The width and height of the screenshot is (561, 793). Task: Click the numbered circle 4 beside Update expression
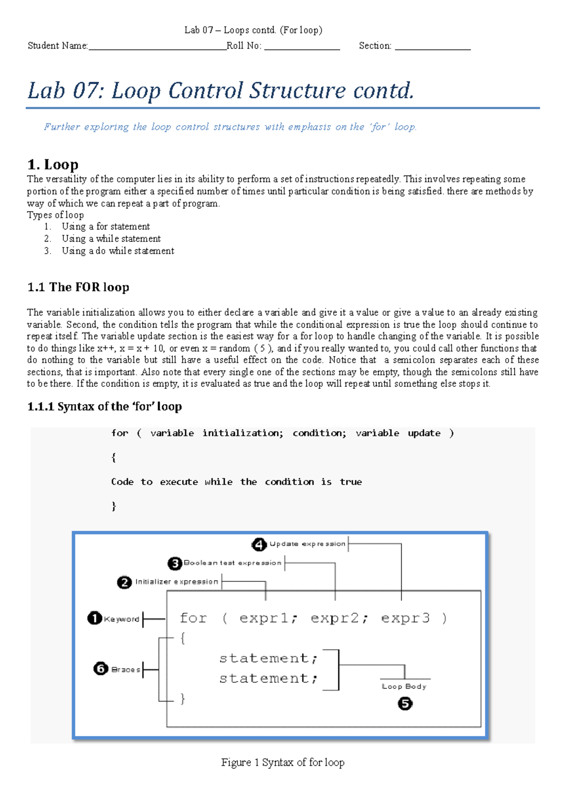tap(259, 544)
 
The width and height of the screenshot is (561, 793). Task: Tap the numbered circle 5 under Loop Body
tap(405, 703)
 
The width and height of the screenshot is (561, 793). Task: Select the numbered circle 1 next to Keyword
tap(94, 618)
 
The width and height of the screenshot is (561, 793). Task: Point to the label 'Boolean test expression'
tap(232, 563)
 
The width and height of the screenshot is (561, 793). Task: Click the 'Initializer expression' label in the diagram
tap(177, 582)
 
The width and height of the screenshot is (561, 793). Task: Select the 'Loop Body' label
tap(404, 686)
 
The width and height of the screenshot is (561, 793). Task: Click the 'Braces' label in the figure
tap(126, 670)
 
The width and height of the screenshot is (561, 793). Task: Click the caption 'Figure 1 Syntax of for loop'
tap(282, 762)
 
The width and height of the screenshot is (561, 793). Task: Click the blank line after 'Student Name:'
tap(157, 46)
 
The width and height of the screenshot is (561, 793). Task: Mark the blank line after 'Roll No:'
tap(302, 46)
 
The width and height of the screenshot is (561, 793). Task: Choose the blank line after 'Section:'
tap(432, 46)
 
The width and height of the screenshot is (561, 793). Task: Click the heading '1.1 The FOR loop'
tap(78, 287)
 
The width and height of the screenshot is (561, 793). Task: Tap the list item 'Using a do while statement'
tap(118, 251)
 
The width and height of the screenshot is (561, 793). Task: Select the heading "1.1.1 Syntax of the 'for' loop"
tap(104, 407)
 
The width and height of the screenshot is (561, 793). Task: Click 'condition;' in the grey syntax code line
tap(319, 433)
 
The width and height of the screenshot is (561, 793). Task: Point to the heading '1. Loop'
tap(53, 164)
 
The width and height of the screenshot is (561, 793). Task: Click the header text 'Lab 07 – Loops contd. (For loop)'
tap(253, 30)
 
